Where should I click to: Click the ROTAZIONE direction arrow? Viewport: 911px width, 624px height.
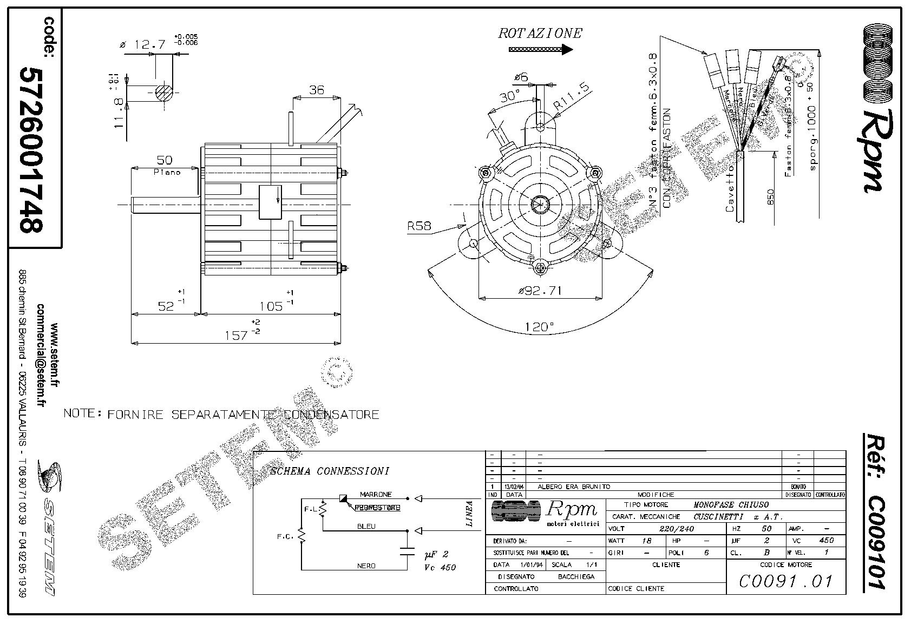click(x=541, y=50)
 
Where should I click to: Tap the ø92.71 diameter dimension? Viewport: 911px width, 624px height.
click(x=540, y=291)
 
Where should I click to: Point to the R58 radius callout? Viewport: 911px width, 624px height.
click(x=420, y=226)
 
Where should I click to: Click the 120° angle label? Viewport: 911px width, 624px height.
click(x=539, y=327)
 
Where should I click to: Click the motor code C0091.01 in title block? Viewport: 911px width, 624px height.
click(x=785, y=581)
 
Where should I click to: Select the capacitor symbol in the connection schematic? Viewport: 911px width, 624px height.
click(x=407, y=552)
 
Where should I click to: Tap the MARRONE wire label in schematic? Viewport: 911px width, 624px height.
click(x=375, y=495)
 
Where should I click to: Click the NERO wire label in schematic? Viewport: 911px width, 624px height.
click(x=366, y=566)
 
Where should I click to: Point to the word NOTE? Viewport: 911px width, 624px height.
click(x=83, y=413)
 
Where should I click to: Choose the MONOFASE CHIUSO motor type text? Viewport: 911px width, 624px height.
click(x=731, y=504)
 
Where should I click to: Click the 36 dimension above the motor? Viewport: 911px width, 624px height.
click(x=316, y=90)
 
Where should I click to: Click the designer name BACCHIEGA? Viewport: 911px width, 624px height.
click(x=576, y=577)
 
